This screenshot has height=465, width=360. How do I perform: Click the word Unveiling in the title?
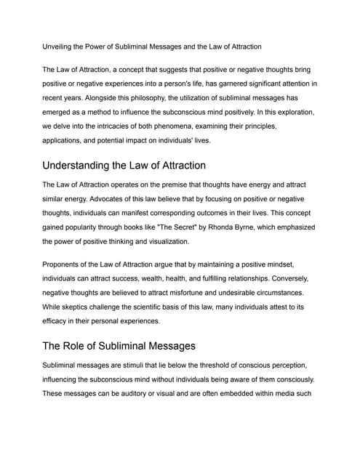click(x=60, y=46)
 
